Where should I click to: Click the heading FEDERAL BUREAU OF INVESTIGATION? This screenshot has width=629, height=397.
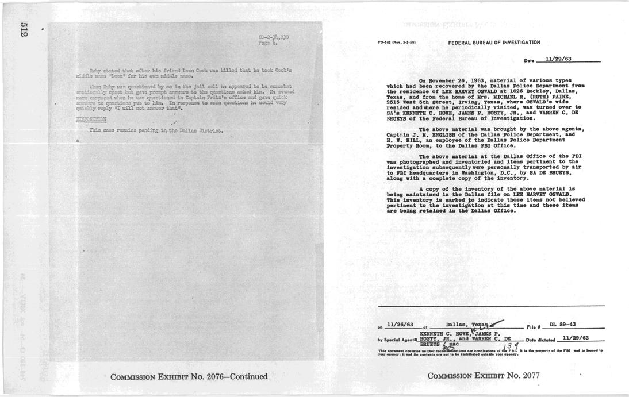pos(494,43)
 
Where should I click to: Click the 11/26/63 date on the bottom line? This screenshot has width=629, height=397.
pos(400,325)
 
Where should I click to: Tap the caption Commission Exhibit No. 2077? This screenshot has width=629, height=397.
pos(484,376)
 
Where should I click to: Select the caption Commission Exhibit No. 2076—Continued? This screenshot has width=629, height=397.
pos(190,376)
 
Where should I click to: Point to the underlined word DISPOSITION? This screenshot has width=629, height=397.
pos(92,120)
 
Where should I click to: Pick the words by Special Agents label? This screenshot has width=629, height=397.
pos(398,338)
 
